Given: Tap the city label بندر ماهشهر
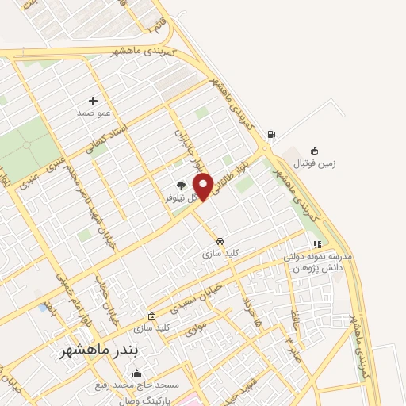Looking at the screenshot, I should pos(99,350).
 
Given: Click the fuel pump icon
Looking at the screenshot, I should pos(272,134).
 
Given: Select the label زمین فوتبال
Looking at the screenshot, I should pos(316,164).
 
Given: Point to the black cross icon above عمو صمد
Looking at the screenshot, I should pos(93,101).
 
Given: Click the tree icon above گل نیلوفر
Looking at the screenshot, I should pos(181,185).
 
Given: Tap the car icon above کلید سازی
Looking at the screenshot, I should pos(220,241).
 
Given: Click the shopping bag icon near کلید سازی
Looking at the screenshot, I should pos(141,315).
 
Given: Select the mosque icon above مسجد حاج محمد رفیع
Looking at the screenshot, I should pos(136,373).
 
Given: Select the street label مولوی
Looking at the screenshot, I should pos(195,327).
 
